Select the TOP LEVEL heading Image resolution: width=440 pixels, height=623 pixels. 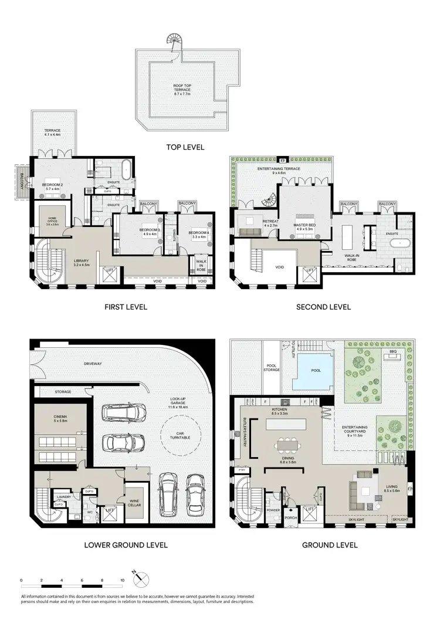tap(185, 147)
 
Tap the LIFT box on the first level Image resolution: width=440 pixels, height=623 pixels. tap(109, 274)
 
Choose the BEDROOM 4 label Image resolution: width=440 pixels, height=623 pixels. tap(199, 234)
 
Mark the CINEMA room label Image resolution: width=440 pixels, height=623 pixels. tap(60, 418)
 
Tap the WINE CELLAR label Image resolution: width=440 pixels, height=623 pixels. tap(134, 502)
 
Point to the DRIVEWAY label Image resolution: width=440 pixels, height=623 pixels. tap(92, 364)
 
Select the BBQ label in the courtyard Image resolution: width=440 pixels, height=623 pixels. tap(392, 351)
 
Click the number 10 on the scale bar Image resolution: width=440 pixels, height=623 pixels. tap(122, 581)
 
